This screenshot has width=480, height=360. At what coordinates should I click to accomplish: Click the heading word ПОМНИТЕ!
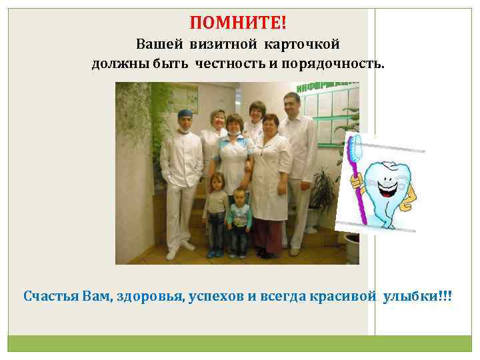238,23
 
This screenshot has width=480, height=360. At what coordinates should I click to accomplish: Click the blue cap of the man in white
185,113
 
